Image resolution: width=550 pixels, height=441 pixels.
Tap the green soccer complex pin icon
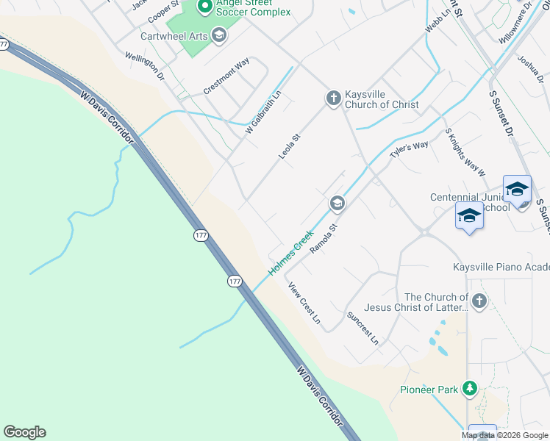[x=205, y=7]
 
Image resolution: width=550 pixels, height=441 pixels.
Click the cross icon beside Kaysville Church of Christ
[x=332, y=98]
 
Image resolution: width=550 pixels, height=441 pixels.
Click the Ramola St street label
[x=322, y=240]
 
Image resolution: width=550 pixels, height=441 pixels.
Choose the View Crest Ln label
[x=304, y=304]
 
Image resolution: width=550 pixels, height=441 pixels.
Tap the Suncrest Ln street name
[x=362, y=329]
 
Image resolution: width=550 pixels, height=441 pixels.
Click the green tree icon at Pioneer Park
[x=468, y=389]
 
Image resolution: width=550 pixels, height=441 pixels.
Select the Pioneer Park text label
[x=429, y=390]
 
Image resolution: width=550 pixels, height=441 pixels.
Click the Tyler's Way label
[x=409, y=149]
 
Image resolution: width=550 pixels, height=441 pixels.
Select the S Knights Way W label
[x=465, y=152]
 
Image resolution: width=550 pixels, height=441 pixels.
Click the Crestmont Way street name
[x=226, y=76]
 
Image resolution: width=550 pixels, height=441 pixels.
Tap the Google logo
[x=24, y=432]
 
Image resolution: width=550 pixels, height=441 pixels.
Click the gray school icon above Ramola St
[x=337, y=203]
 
